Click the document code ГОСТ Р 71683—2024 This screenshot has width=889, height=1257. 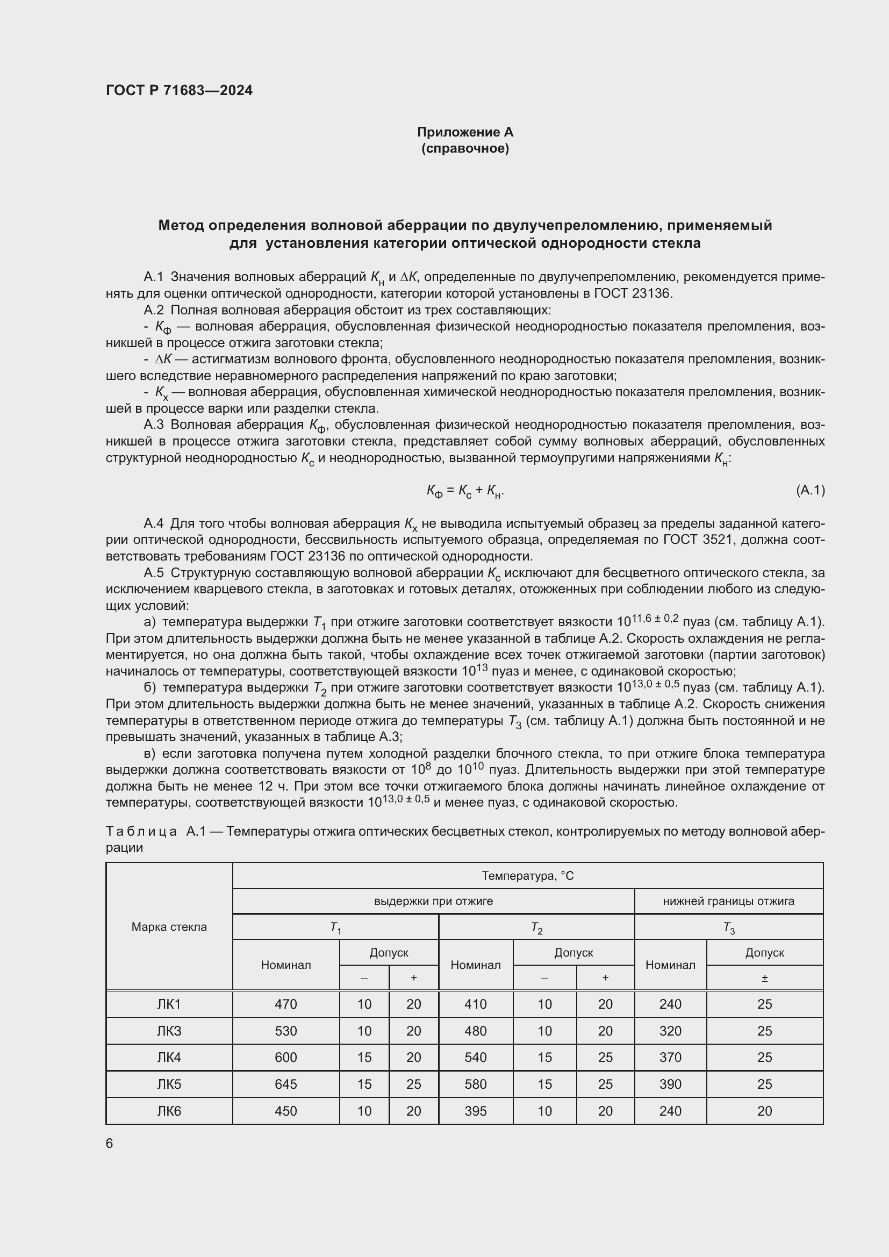coord(179,90)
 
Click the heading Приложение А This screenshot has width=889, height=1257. coord(465,132)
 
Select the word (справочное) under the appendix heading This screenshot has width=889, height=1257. coord(465,148)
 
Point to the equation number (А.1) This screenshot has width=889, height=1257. coord(809,490)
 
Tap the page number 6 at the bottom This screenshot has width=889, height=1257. coord(110,1143)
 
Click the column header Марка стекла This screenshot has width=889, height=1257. coord(169,927)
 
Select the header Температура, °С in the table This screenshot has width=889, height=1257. coord(527,876)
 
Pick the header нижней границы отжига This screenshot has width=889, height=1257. coord(728,901)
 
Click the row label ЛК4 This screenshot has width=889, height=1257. coord(169,1057)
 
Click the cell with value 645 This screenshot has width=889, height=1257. coord(286,1084)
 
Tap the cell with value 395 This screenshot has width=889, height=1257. coord(475,1111)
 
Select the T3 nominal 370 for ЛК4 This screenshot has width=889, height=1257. coord(670,1057)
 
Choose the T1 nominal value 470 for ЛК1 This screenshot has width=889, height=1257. coord(286,1004)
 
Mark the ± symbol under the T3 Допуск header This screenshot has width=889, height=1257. coord(764,978)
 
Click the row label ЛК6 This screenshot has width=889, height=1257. coord(169,1111)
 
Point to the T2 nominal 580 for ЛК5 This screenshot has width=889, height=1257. coord(475,1084)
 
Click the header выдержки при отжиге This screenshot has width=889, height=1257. coord(433,901)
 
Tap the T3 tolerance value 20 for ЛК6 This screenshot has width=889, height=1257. coord(764,1111)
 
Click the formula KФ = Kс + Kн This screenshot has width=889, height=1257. coord(465,491)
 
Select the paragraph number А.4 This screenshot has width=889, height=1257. coord(153,523)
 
